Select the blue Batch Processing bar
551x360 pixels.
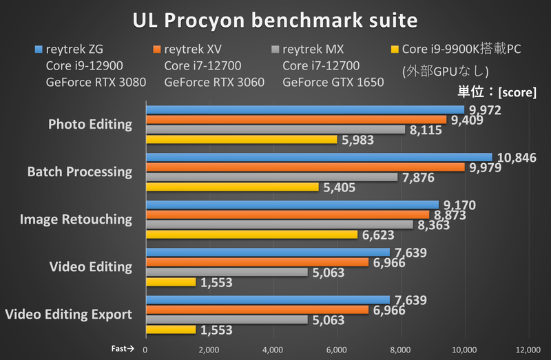click(x=318, y=158)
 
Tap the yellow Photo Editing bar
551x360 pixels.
click(x=241, y=140)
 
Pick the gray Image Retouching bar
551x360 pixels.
click(x=279, y=224)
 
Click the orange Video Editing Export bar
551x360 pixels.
click(x=257, y=310)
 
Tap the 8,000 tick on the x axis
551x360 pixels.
click(x=401, y=349)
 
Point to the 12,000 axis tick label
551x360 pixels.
click(x=528, y=349)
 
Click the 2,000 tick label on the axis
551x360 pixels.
click(x=209, y=349)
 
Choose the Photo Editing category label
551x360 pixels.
click(x=90, y=125)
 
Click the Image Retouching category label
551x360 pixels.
click(x=76, y=220)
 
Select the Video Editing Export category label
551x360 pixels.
click(x=68, y=315)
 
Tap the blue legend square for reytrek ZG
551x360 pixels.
click(x=39, y=50)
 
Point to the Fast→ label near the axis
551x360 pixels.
click(x=124, y=349)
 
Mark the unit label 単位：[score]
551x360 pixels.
click(x=497, y=92)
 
